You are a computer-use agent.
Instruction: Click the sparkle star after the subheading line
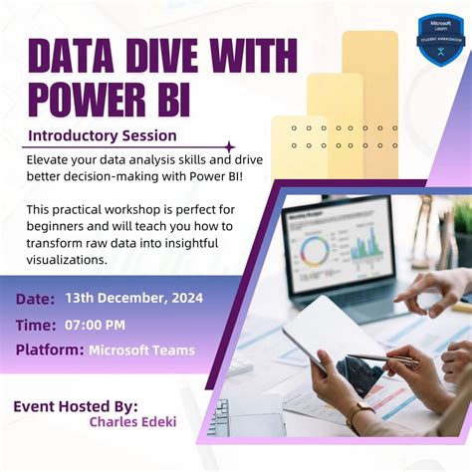click(x=231, y=145)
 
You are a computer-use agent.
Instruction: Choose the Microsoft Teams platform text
click(x=141, y=350)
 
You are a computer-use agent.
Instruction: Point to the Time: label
click(x=37, y=325)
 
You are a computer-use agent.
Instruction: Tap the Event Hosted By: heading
click(x=76, y=405)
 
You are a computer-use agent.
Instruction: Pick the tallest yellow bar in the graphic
click(x=369, y=90)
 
